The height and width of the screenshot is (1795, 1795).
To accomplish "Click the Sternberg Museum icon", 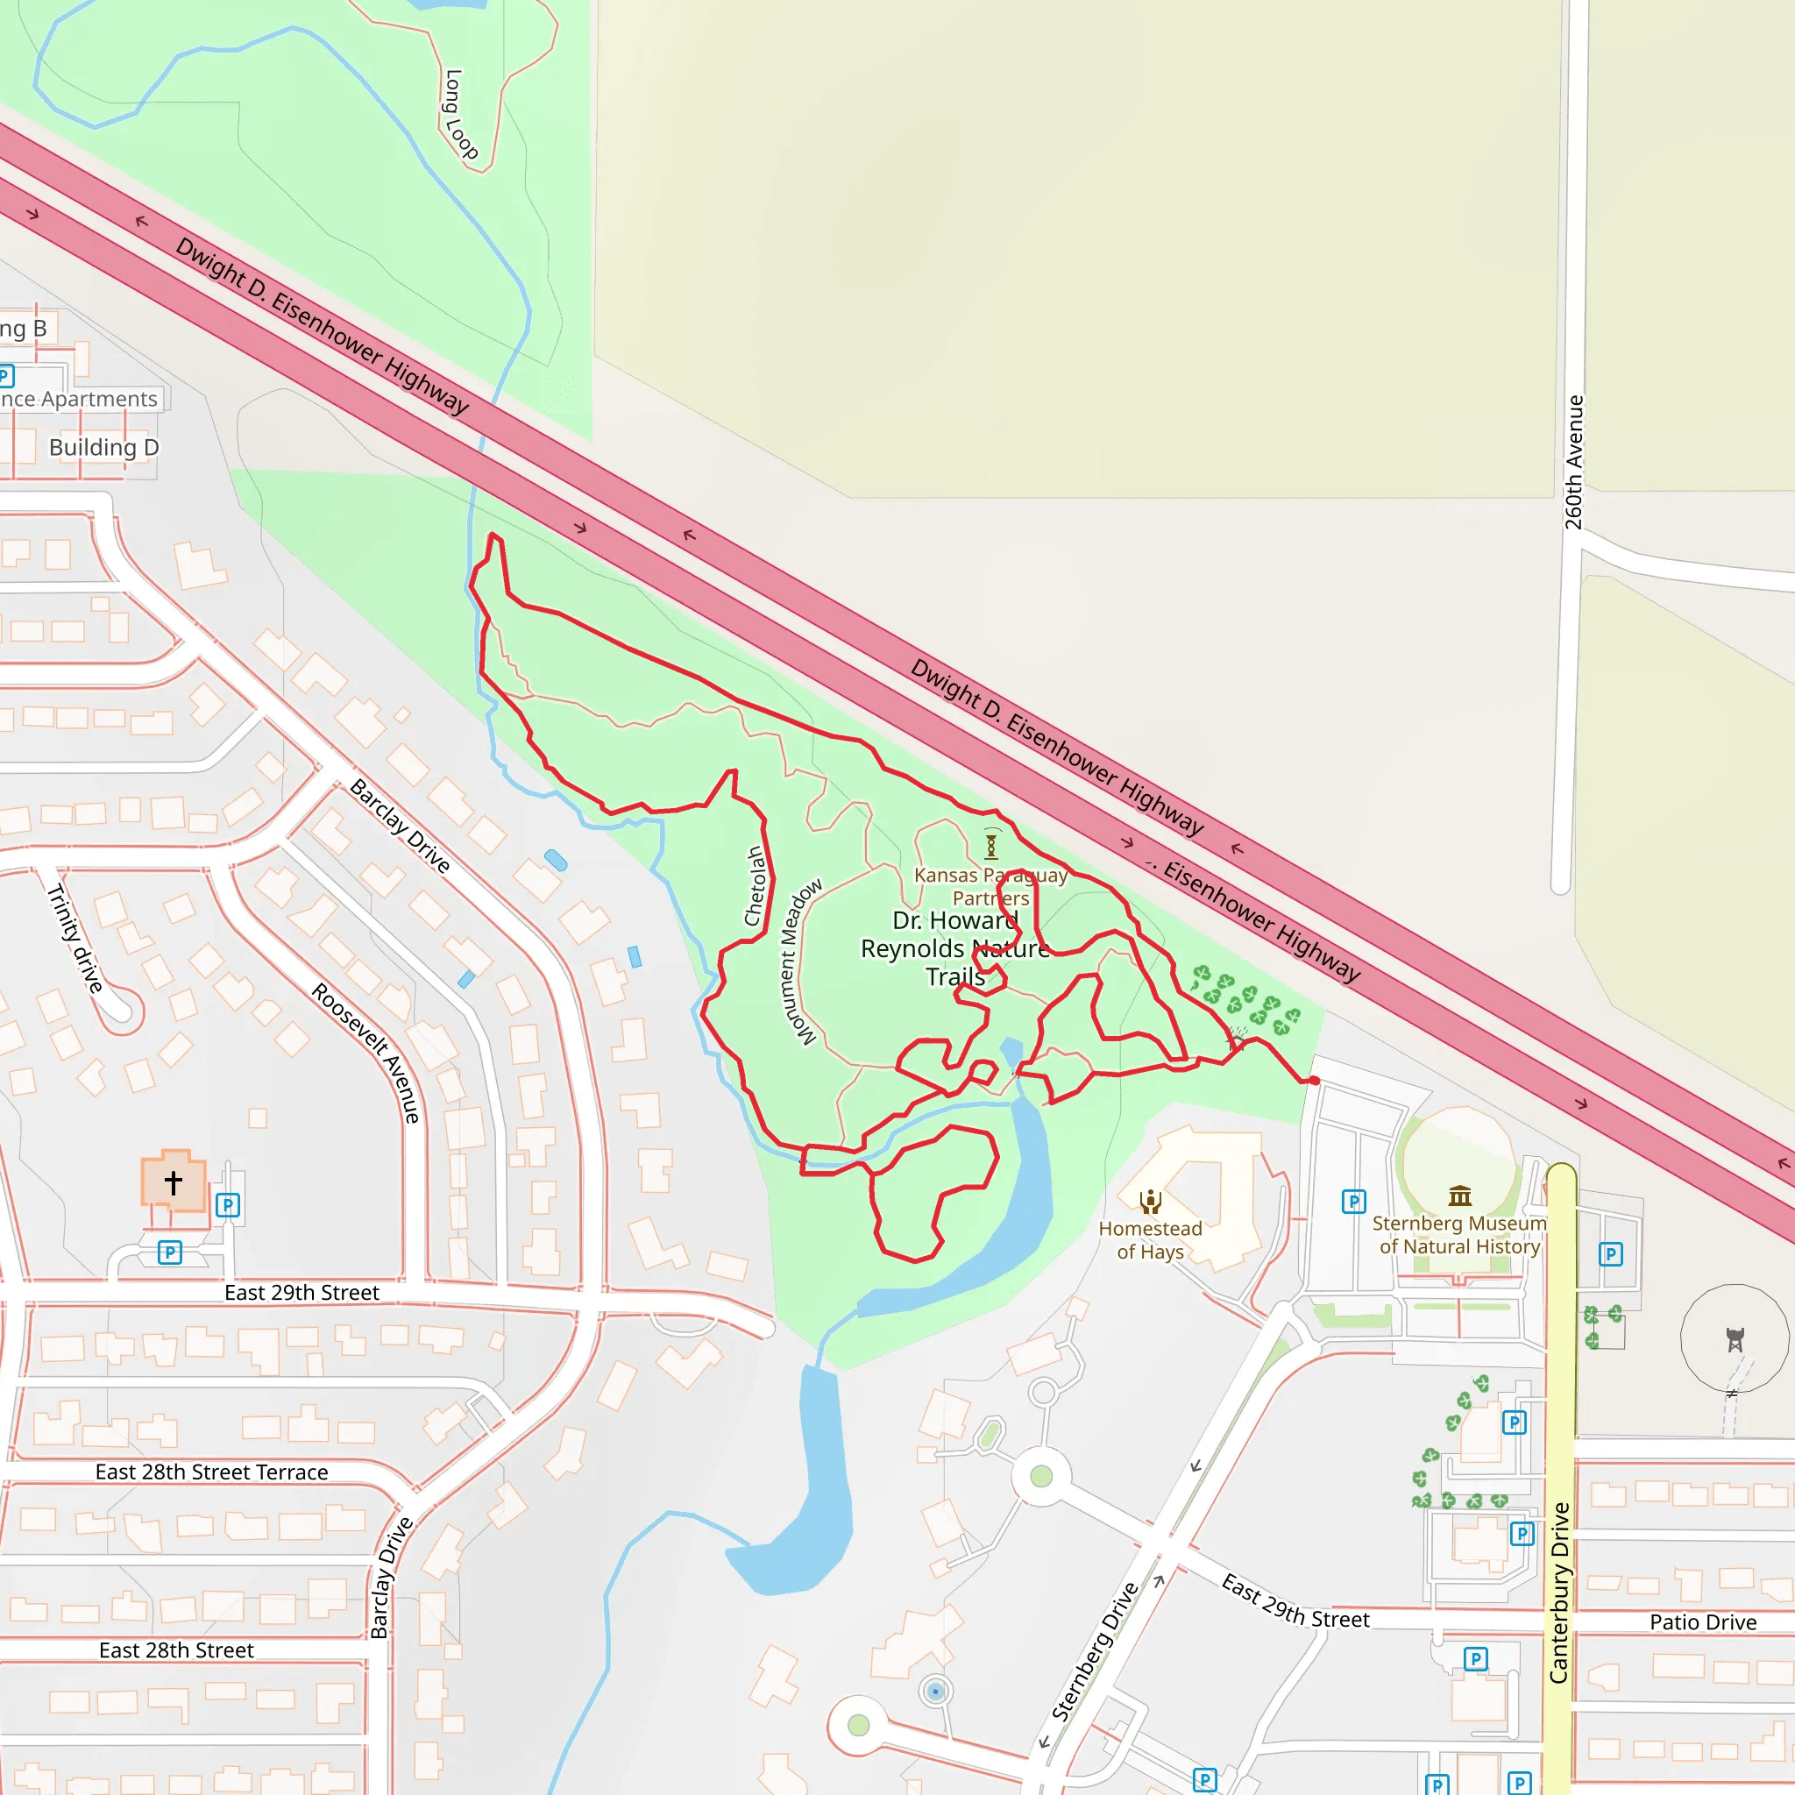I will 1459,1195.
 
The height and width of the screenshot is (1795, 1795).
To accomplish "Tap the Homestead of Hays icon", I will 1150,1203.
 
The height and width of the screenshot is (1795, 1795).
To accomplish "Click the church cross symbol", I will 174,1182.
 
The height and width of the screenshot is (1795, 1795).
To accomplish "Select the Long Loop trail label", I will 461,114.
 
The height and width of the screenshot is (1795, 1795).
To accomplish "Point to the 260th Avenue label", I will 1574,463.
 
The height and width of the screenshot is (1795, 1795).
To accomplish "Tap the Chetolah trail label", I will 756,885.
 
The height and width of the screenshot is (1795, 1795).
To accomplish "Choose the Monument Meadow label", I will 800,961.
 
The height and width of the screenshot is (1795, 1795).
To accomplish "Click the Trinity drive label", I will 75,938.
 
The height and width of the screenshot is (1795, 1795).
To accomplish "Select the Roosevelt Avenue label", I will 367,1053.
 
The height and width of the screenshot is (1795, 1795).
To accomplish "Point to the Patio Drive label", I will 1703,1622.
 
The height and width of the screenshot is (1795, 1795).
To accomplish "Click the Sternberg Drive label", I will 1096,1651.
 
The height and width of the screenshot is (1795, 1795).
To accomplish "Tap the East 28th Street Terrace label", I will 212,1472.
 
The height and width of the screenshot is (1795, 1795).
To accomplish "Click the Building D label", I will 104,448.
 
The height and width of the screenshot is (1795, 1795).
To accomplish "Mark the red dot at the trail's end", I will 1315,1081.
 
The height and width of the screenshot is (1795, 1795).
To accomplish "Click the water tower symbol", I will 1735,1340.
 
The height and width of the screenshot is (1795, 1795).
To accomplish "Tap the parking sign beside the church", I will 228,1205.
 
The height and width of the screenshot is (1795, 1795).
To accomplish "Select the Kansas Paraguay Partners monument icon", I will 991,847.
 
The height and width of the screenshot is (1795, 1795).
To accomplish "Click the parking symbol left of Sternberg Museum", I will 1353,1202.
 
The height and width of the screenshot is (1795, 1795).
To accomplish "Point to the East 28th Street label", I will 176,1650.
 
